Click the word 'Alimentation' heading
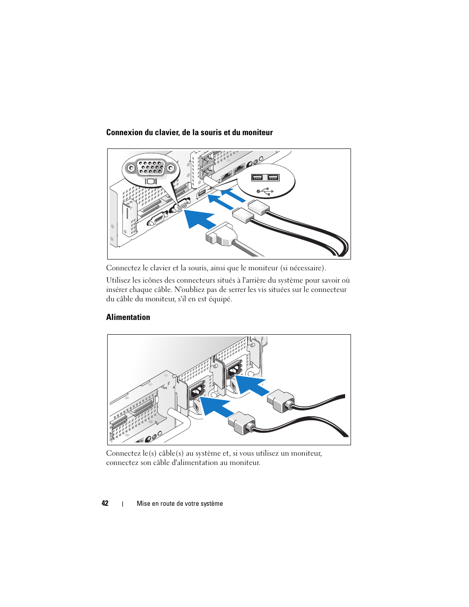[x=128, y=318]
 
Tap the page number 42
[x=105, y=503]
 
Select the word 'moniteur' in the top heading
[x=257, y=133]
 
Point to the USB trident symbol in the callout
[x=265, y=190]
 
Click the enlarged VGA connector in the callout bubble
[x=151, y=168]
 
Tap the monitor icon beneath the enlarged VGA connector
[x=151, y=181]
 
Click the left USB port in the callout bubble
[x=258, y=177]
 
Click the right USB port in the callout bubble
[x=273, y=177]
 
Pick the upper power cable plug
[x=281, y=401]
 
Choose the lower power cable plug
[x=242, y=422]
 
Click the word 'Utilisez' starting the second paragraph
[x=118, y=281]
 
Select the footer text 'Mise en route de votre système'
[x=179, y=504]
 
